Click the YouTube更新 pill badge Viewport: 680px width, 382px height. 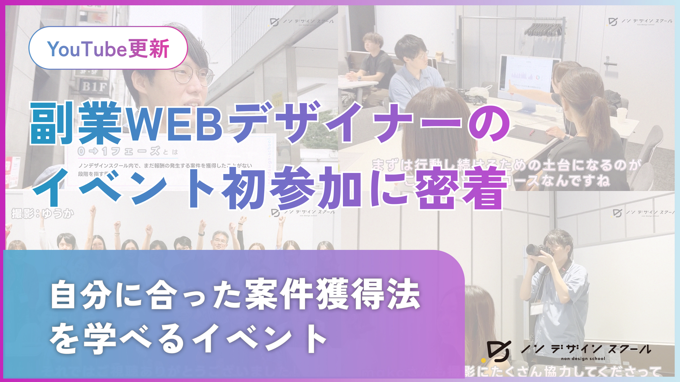pos(108,48)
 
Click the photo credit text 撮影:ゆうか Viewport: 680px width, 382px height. pos(42,214)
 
